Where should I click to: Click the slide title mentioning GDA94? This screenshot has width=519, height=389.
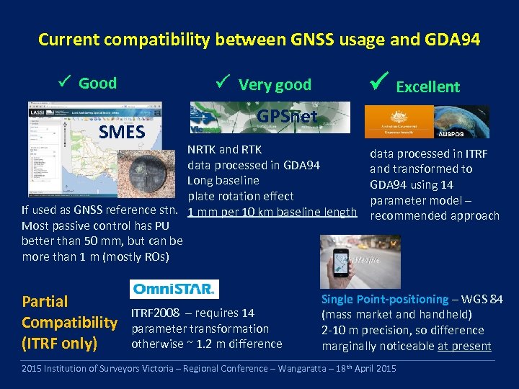pos(259,39)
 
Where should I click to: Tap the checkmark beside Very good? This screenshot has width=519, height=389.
pos(223,84)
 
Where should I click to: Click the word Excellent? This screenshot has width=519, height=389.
pos(427,87)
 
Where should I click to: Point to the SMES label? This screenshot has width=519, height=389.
pos(122,131)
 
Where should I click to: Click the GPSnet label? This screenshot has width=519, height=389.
pos(287,117)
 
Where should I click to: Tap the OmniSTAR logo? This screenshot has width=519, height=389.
pos(172,290)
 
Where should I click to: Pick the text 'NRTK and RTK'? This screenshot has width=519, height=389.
pos(224,150)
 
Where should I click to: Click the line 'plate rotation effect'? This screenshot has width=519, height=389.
pos(240,196)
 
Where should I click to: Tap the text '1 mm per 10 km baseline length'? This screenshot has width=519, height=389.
pos(272,212)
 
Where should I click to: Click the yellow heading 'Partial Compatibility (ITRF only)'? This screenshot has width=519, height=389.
pos(69,322)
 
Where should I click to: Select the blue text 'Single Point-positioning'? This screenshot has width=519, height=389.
pos(385,299)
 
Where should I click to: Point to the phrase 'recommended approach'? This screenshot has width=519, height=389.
pos(434,215)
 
